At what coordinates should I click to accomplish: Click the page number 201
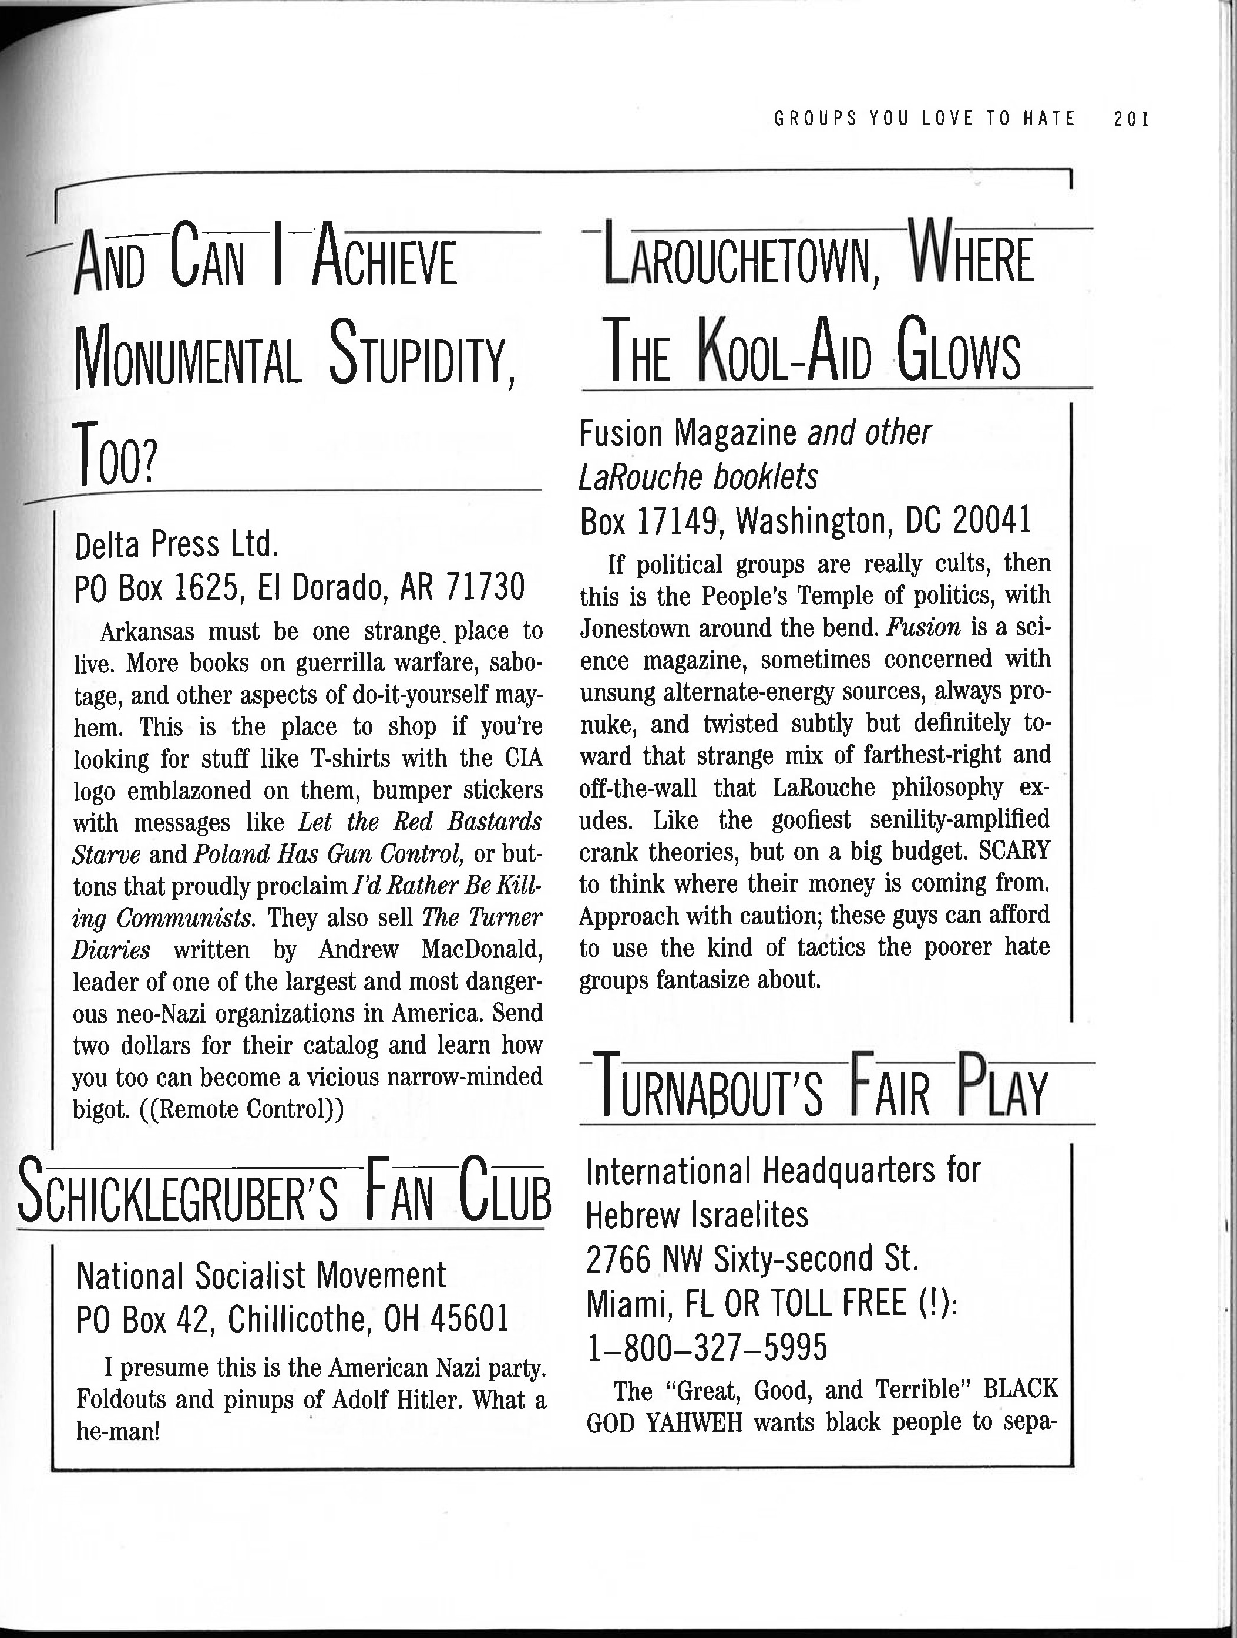[x=1130, y=119]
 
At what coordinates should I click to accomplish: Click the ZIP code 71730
[x=485, y=587]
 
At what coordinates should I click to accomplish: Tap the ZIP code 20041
[x=992, y=520]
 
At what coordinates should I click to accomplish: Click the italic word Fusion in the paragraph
[x=924, y=628]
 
